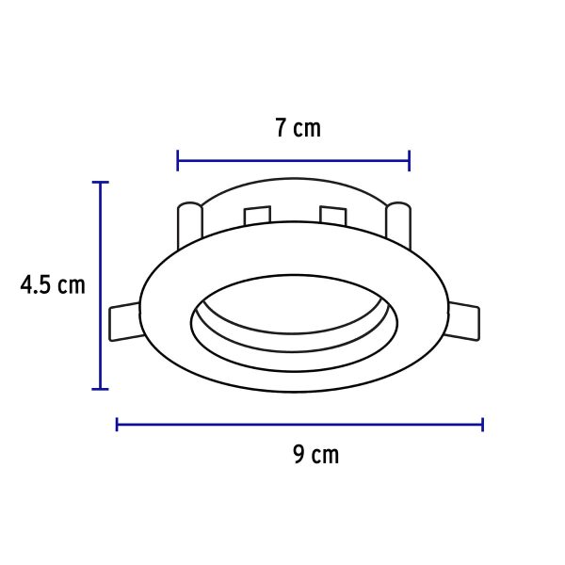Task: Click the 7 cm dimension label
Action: point(298,128)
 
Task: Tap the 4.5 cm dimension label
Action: point(53,284)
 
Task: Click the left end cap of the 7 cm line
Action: point(178,160)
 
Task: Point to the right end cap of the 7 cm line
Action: point(409,160)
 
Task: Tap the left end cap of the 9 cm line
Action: point(117,425)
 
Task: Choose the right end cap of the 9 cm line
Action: point(482,425)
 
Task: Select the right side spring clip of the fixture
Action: point(465,321)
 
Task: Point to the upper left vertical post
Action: point(189,222)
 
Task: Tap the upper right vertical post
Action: point(397,222)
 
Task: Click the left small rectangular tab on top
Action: point(257,216)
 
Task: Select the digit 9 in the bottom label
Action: point(299,456)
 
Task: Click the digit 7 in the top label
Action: point(282,128)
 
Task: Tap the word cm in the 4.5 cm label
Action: point(71,284)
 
